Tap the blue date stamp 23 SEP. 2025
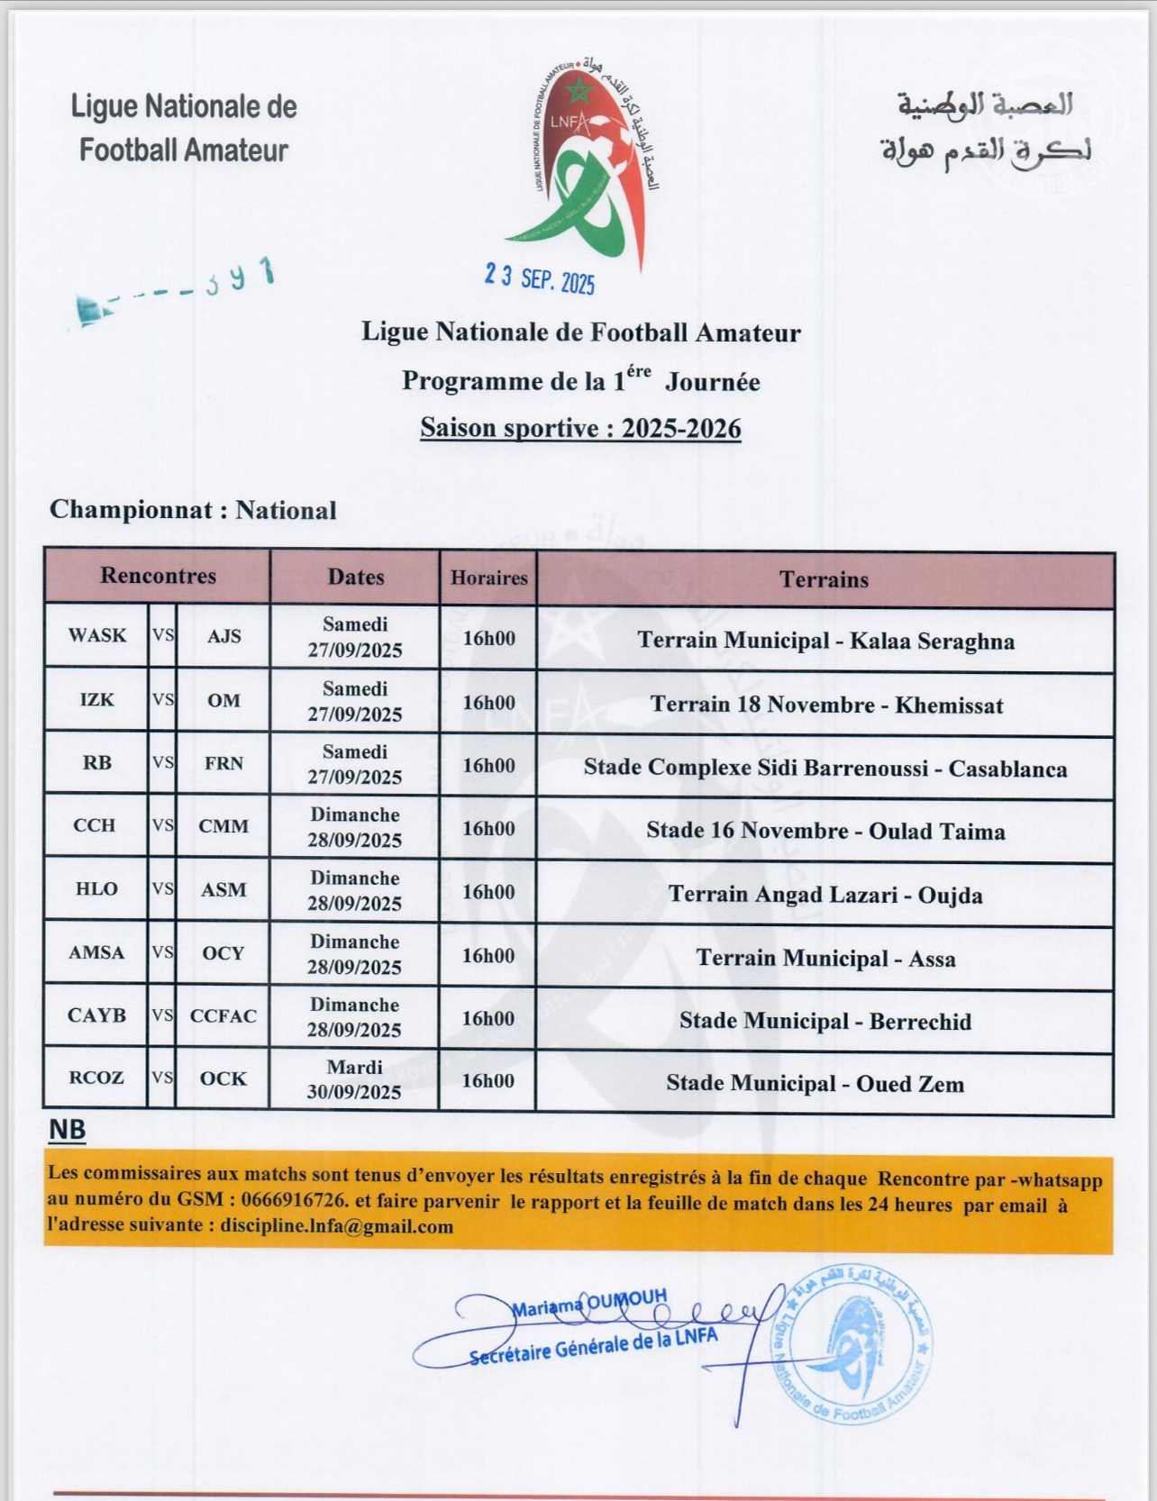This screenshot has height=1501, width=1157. coord(540,278)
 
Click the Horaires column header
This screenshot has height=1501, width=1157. coord(488,578)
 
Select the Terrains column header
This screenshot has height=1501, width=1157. coord(824,579)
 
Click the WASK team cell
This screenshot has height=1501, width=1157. coord(97,635)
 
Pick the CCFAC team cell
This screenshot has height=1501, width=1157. coord(223,1015)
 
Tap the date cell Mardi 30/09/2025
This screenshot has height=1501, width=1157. coord(354,1079)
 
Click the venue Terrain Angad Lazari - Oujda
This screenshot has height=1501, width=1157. coord(825,895)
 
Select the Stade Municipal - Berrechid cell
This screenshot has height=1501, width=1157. coord(825,1021)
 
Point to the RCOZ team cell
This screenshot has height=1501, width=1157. coord(96,1078)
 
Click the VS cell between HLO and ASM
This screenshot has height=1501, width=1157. coord(163,889)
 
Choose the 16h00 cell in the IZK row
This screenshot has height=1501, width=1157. coord(488,703)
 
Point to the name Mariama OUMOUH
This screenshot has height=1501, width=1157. coord(589,1302)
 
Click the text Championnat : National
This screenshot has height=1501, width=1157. coord(193,510)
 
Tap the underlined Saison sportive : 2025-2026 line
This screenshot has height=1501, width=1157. coord(580,428)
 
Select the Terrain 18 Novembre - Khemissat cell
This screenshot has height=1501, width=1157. coord(825,705)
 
